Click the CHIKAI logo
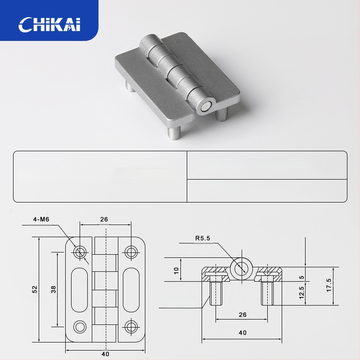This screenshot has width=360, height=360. [x=49, y=24]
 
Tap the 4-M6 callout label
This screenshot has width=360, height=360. [x=41, y=220]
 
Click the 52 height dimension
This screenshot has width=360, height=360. [x=35, y=289]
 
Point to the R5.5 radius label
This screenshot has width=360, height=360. [x=202, y=238]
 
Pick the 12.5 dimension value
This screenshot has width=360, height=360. [x=301, y=293]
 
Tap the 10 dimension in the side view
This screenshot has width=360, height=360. [x=176, y=270]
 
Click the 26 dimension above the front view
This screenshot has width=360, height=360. [x=104, y=220]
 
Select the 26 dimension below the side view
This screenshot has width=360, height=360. [x=242, y=314]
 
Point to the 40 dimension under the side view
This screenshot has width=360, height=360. [x=242, y=333]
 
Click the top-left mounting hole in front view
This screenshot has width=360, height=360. [x=81, y=252]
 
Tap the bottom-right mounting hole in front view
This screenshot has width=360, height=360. [x=131, y=326]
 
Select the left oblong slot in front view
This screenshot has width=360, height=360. [x=80, y=289]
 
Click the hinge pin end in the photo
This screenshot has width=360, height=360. [x=206, y=107]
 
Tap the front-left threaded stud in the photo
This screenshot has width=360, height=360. [x=173, y=133]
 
